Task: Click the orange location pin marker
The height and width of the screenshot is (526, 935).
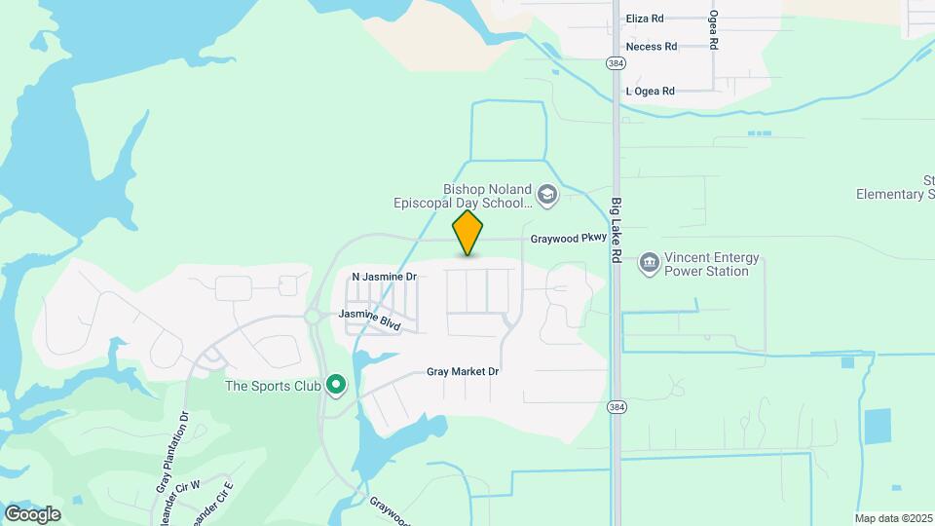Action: point(468,232)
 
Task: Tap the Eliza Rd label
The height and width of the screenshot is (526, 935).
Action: point(645,19)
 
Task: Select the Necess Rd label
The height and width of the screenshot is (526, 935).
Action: point(652,47)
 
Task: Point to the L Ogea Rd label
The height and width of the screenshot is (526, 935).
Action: point(650,92)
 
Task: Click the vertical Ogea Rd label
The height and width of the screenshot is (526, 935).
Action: point(714,30)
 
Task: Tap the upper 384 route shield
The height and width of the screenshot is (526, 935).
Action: point(615,63)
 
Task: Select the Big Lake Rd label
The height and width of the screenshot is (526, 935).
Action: point(617,230)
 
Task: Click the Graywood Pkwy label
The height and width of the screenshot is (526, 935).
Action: point(569,239)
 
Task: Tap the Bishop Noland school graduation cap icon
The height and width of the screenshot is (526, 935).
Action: point(547,196)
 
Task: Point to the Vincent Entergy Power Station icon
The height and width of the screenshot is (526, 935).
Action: point(649,263)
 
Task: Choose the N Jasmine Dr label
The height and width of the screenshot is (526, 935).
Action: point(384,277)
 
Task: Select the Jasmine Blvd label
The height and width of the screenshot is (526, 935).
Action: point(369,317)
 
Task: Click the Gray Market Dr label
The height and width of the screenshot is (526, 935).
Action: point(463,372)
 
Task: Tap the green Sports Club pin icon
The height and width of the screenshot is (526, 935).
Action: point(336,386)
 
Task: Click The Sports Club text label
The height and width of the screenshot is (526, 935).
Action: point(273,387)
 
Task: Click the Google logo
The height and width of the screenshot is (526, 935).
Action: point(32,514)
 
